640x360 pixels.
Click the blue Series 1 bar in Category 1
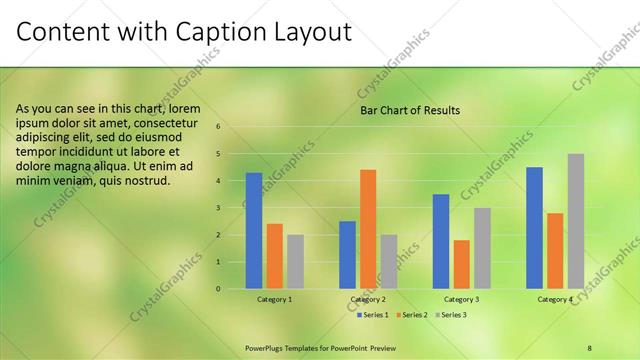click(254, 231)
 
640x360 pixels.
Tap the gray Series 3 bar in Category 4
click(575, 221)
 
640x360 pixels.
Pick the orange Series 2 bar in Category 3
click(461, 264)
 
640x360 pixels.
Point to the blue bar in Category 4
click(534, 228)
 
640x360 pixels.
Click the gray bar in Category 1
click(295, 262)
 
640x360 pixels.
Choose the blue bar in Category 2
click(347, 255)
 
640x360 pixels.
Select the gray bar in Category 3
click(482, 248)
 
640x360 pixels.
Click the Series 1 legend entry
click(373, 315)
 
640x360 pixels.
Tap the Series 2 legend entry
click(410, 315)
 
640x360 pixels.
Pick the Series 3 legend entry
click(449, 315)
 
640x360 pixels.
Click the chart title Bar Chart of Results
click(410, 110)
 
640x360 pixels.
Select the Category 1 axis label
click(275, 299)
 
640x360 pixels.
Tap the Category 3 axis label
click(461, 299)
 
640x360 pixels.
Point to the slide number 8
click(590, 347)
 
